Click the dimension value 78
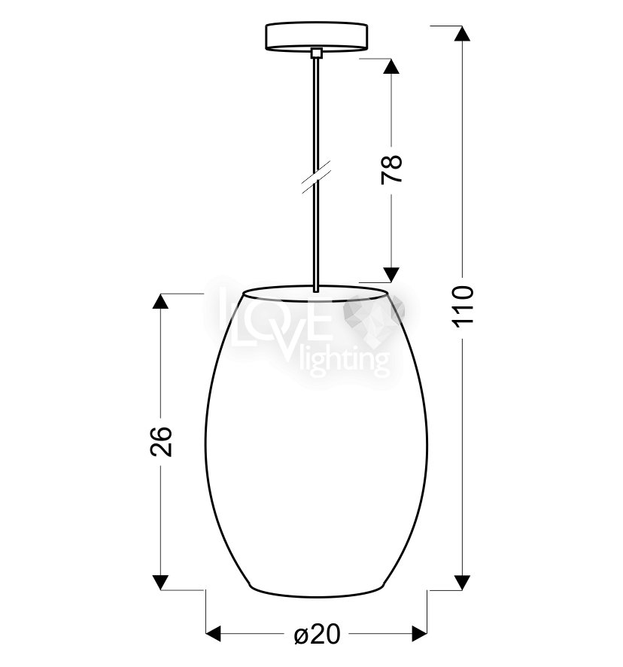click(392, 169)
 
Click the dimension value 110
click(462, 306)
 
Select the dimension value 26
click(161, 441)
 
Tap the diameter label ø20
click(318, 635)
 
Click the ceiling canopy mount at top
click(316, 37)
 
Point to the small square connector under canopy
click(316, 53)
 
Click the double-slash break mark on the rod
click(316, 178)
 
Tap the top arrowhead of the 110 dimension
click(462, 33)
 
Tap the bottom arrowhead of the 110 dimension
click(462, 583)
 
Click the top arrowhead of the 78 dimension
click(391, 66)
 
